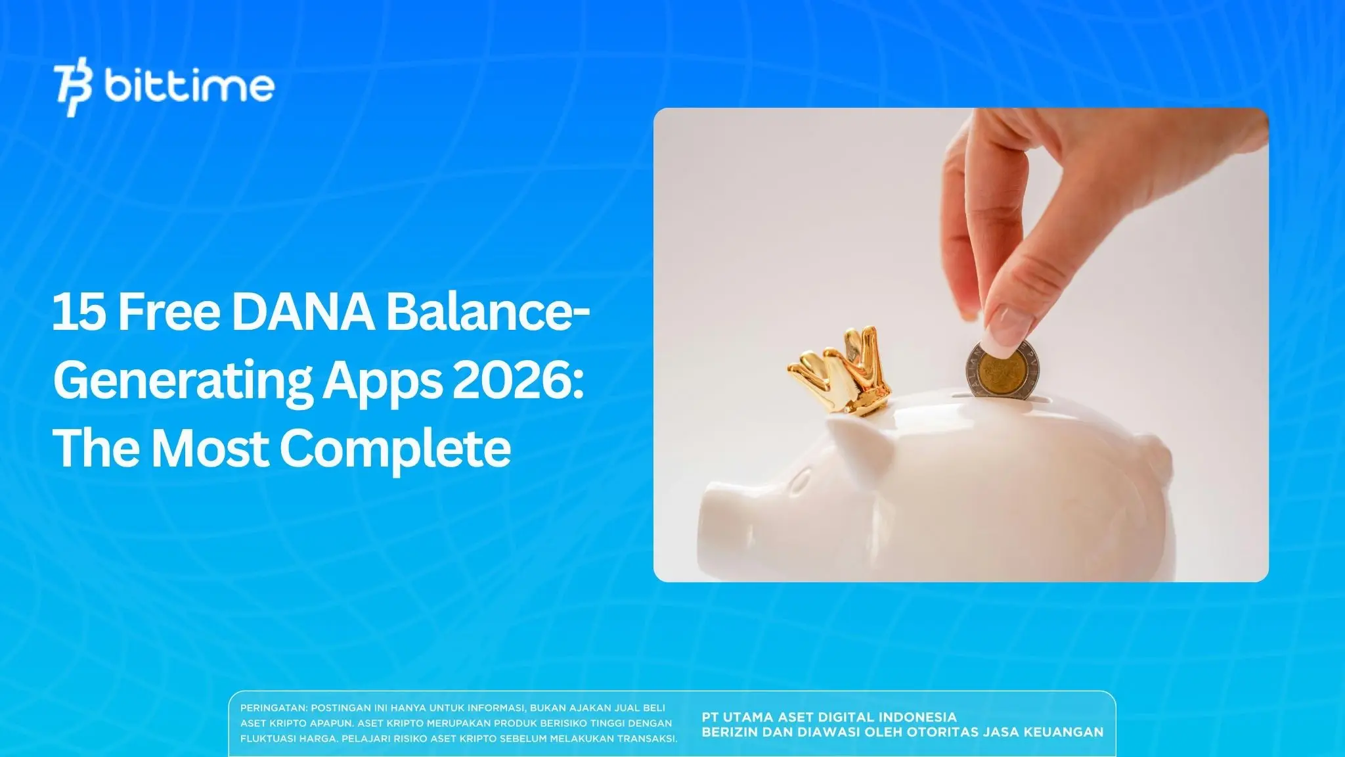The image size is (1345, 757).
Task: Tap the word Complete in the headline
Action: [395, 449]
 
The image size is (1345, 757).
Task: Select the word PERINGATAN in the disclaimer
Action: [273, 708]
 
